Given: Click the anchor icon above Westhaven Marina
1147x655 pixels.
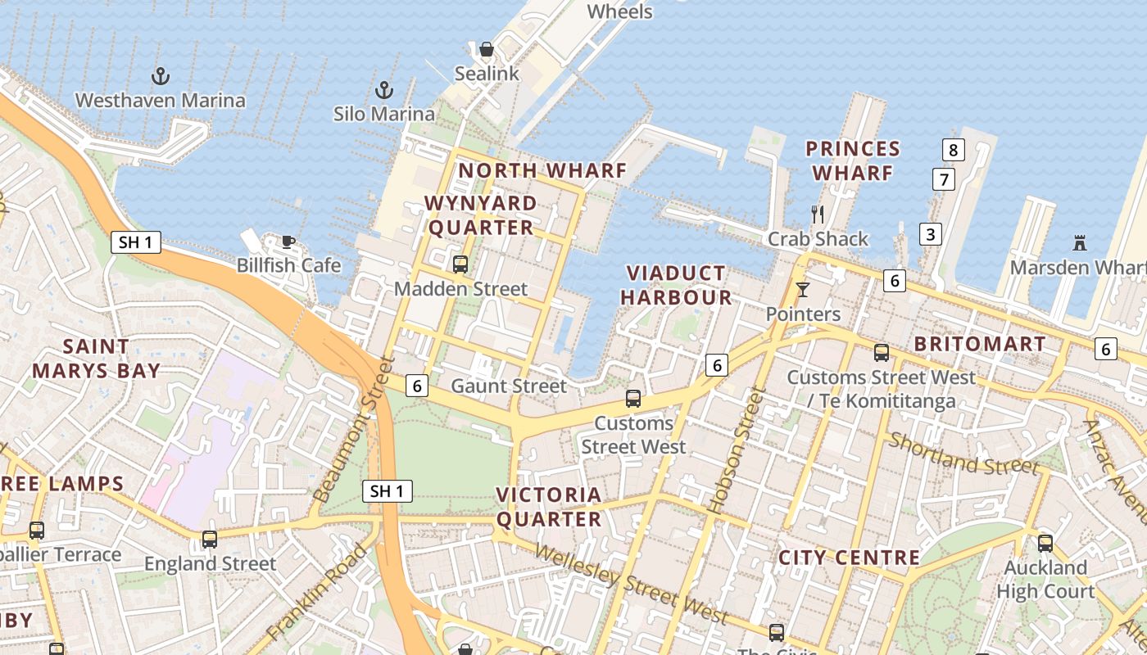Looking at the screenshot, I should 161,77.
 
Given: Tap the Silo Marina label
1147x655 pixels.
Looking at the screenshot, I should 383,114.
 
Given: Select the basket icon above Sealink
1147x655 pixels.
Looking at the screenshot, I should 487,50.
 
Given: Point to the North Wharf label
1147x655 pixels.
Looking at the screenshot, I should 542,170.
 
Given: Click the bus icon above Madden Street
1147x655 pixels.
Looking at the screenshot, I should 460,264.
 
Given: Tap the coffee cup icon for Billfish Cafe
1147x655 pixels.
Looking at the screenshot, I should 288,241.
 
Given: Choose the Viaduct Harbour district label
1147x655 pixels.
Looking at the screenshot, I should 676,285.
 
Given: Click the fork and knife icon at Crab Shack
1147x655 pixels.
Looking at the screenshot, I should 818,215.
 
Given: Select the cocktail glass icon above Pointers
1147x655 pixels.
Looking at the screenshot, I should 802,290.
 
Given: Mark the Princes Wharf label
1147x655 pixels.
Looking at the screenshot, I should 853,160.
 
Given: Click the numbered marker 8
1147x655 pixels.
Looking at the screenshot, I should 953,150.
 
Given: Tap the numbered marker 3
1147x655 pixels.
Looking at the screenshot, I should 930,234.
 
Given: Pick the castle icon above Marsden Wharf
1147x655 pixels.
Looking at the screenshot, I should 1079,243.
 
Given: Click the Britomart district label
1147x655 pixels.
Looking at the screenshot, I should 980,344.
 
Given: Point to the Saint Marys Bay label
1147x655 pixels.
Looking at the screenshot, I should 96,359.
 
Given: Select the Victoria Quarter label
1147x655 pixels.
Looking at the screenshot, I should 549,507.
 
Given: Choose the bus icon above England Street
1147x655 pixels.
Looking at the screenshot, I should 210,540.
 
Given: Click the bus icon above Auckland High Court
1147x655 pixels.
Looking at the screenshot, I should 1045,543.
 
